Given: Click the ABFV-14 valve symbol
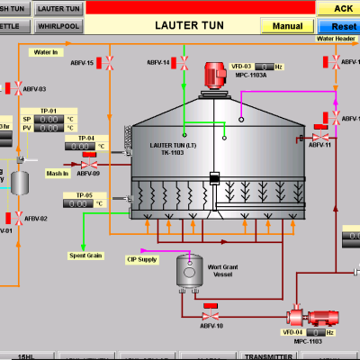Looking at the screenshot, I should pyautogui.click(x=184, y=63).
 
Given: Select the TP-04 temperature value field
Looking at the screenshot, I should pyautogui.click(x=80, y=146).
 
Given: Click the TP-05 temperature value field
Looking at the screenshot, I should pyautogui.click(x=80, y=204).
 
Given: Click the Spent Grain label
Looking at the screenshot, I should pyautogui.click(x=85, y=256).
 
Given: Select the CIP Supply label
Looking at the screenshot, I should pyautogui.click(x=141, y=259).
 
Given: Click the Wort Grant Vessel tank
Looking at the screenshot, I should pyautogui.click(x=188, y=269).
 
